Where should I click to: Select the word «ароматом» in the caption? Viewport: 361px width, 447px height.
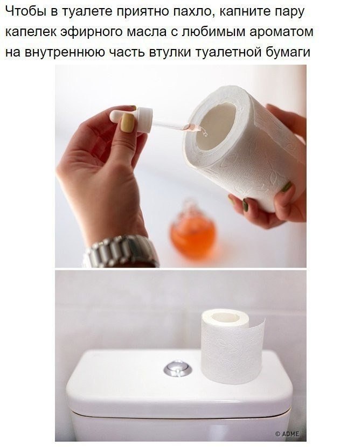(x=281, y=32)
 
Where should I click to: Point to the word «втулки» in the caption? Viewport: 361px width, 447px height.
(x=170, y=52)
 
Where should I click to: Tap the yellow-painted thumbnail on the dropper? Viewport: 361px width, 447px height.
(x=128, y=123)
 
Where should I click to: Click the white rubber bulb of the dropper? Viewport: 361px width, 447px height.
(x=119, y=115)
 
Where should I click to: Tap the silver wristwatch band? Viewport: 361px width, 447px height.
(x=121, y=252)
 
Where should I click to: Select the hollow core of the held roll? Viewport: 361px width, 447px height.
(x=216, y=126)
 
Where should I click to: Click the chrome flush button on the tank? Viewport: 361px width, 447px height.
(x=177, y=368)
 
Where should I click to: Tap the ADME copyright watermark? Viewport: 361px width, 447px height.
(x=287, y=434)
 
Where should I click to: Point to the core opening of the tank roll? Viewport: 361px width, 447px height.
(x=225, y=317)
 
